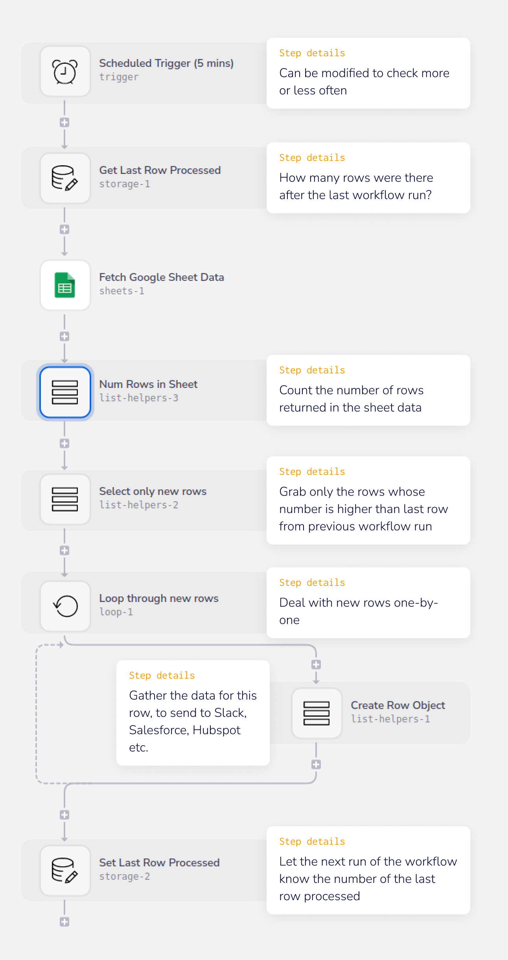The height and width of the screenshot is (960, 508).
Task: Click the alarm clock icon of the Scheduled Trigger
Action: tap(65, 72)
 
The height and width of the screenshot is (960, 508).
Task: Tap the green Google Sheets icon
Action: tap(65, 285)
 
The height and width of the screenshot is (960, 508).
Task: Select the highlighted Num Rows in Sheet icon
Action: tap(65, 392)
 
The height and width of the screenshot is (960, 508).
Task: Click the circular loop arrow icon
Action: tap(65, 606)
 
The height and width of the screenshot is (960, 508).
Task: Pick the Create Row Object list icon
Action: tap(317, 713)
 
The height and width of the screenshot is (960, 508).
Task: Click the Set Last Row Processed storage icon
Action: tap(65, 871)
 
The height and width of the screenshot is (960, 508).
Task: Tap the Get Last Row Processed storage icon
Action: tap(65, 178)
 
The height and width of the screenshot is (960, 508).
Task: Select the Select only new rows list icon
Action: tap(65, 499)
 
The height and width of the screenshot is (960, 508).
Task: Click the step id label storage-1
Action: tap(124, 184)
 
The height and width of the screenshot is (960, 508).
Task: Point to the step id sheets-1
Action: tap(121, 291)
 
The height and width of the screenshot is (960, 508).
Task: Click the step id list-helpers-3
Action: tap(138, 398)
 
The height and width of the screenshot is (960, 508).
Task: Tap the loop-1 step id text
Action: tap(116, 612)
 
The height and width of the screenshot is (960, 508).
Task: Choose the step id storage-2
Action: tap(124, 877)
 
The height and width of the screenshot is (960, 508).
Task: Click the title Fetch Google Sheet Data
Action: tap(162, 277)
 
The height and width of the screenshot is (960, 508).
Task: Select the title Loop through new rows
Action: tap(159, 598)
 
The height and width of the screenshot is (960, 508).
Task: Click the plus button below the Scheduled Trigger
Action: tap(64, 122)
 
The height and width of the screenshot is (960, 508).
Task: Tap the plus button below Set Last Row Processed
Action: tap(64, 922)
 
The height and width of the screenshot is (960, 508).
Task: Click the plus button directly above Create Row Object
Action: tap(316, 665)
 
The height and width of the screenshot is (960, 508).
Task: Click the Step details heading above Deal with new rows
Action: tap(312, 583)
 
